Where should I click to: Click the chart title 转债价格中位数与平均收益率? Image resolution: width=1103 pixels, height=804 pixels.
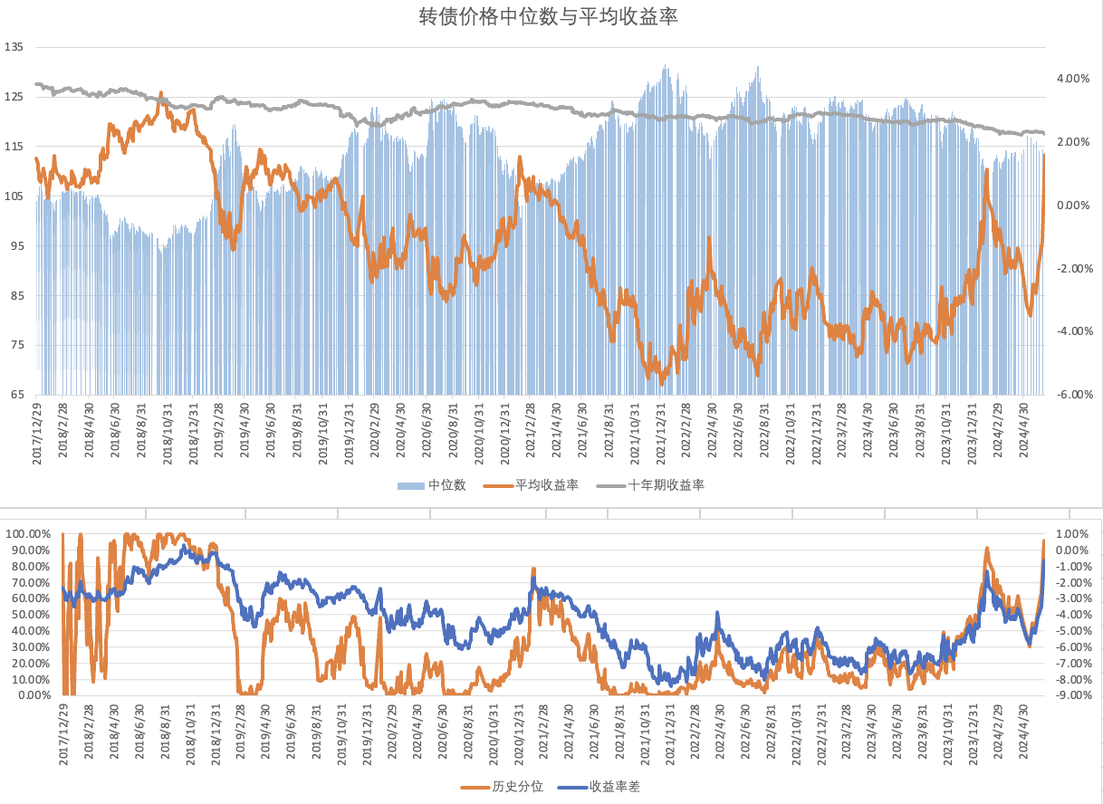[550, 17]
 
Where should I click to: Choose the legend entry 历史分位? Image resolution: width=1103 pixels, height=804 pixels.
[517, 786]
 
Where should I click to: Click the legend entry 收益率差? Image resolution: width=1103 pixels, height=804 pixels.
[614, 786]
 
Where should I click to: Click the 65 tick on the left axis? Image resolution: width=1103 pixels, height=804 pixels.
[17, 395]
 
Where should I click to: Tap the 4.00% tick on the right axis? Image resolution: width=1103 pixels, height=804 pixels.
[1073, 79]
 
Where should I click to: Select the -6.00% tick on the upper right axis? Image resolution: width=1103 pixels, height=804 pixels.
[1073, 395]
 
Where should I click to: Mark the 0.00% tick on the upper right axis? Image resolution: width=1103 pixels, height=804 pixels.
[1073, 206]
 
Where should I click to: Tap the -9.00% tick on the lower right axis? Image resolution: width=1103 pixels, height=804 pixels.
[1070, 695]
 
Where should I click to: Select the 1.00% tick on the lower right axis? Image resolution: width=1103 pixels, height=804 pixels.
[1070, 534]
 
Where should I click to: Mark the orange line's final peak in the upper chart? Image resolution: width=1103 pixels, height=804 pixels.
[1044, 155]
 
